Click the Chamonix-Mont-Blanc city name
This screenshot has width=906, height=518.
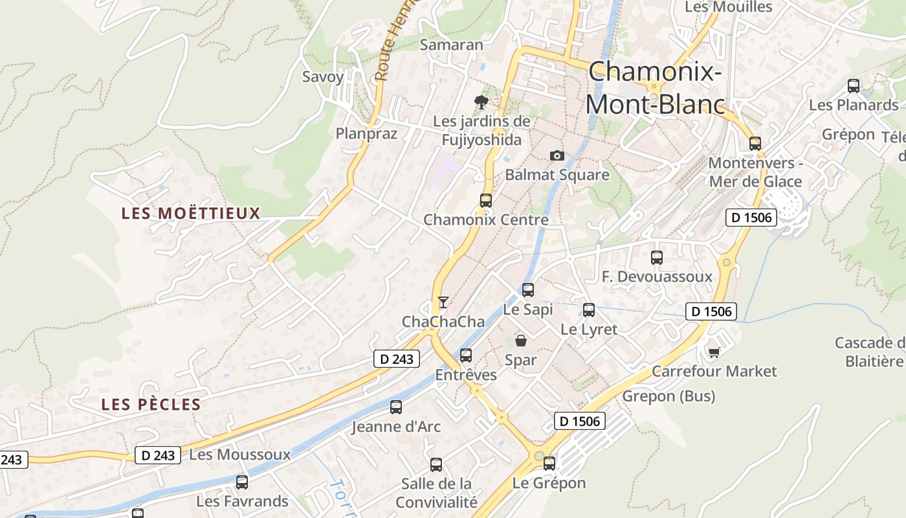(655, 87)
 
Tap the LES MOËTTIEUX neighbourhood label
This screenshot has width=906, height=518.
(191, 213)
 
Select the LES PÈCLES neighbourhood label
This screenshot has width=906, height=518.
(151, 405)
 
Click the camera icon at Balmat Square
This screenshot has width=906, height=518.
(557, 155)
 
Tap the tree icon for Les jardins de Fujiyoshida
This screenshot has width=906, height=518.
(481, 101)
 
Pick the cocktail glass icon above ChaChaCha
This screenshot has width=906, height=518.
(443, 302)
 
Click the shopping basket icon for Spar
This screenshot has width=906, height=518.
(521, 341)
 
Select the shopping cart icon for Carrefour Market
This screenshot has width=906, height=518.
(714, 352)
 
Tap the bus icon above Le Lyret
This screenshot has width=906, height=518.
(588, 310)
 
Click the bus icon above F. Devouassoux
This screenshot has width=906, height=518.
(657, 258)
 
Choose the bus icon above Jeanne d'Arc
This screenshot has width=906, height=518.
(395, 407)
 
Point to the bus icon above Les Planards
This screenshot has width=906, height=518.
(854, 85)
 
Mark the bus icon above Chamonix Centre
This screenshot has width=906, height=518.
(485, 201)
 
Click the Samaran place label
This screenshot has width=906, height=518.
(452, 45)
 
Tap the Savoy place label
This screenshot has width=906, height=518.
(323, 76)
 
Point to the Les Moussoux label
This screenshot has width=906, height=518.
(240, 455)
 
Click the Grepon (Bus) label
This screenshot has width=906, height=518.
(669, 396)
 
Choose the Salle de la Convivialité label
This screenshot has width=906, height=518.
(436, 493)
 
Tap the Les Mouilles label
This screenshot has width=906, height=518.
(728, 7)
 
